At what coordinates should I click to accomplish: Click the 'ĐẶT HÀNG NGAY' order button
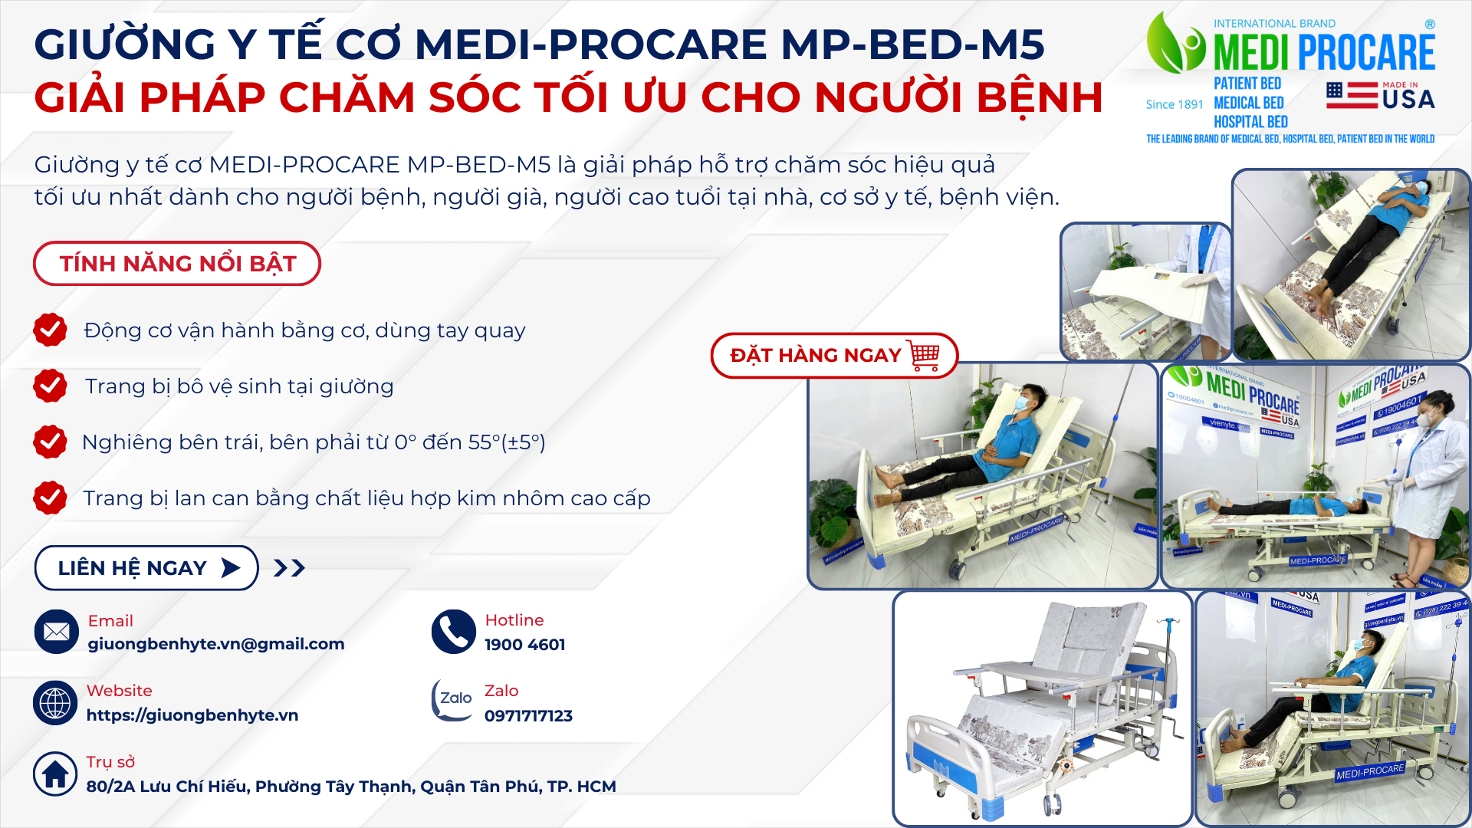pyautogui.click(x=834, y=356)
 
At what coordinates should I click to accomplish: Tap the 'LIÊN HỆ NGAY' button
pyautogui.click(x=146, y=568)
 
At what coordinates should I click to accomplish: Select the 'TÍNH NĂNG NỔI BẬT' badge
pyautogui.click(x=177, y=264)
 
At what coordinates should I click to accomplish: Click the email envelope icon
pyautogui.click(x=56, y=632)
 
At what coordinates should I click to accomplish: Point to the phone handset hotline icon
pyautogui.click(x=454, y=632)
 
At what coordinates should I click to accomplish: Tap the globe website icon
pyautogui.click(x=55, y=703)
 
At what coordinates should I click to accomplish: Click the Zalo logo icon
pyautogui.click(x=452, y=700)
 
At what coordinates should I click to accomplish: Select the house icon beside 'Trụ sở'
pyautogui.click(x=55, y=774)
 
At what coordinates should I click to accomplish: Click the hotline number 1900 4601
pyautogui.click(x=525, y=645)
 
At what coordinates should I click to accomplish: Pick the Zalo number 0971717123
pyautogui.click(x=528, y=716)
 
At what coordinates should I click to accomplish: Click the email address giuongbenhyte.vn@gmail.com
pyautogui.click(x=216, y=644)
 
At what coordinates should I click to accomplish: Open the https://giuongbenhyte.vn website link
pyautogui.click(x=192, y=715)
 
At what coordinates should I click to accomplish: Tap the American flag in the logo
pyautogui.click(x=1352, y=95)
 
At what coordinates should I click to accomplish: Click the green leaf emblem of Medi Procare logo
pyautogui.click(x=1175, y=43)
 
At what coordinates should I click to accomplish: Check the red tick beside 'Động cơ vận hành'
pyautogui.click(x=50, y=330)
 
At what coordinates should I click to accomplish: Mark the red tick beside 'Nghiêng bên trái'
pyautogui.click(x=50, y=442)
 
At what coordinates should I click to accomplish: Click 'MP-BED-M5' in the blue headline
pyautogui.click(x=912, y=44)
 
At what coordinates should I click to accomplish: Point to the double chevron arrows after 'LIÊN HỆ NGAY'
pyautogui.click(x=290, y=568)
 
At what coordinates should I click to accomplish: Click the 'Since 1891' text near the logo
pyautogui.click(x=1175, y=104)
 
